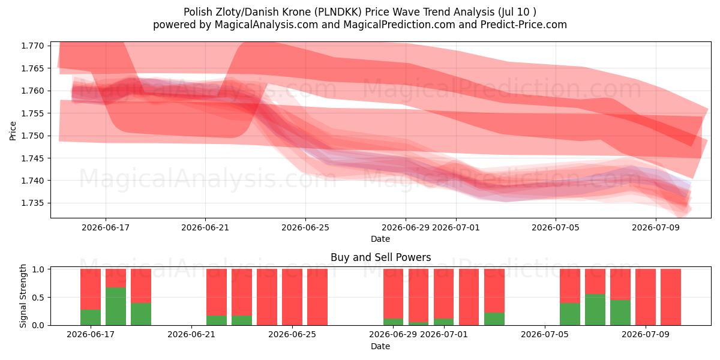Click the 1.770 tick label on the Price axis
(x=32, y=46)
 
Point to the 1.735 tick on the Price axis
(x=32, y=203)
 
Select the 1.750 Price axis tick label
(x=32, y=136)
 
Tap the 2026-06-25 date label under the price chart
(x=305, y=227)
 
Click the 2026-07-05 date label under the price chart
(x=556, y=227)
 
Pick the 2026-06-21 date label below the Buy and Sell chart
(x=191, y=334)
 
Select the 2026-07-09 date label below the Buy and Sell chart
(x=646, y=334)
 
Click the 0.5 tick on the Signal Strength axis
(x=39, y=298)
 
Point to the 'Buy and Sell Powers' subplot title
(x=380, y=257)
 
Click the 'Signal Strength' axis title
(x=23, y=296)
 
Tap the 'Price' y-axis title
(x=13, y=131)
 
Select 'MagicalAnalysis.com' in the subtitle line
(x=266, y=25)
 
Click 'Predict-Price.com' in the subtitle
(x=524, y=25)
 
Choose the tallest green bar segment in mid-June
(x=116, y=307)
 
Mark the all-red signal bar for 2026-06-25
(x=292, y=297)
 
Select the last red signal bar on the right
(x=671, y=297)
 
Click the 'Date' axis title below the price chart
(x=380, y=239)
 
